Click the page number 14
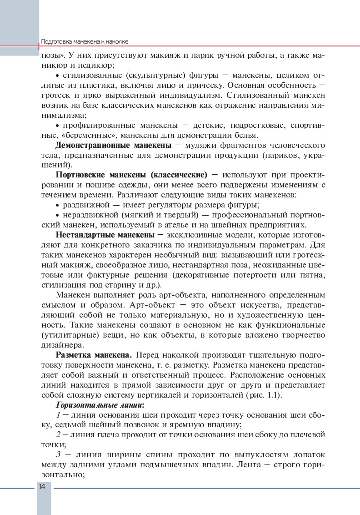(41, 487)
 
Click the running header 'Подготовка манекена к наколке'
(85, 41)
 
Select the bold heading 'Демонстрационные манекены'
(113, 145)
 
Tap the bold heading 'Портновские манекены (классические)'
(131, 175)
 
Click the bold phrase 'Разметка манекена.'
(94, 354)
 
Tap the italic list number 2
(58, 434)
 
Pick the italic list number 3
(58, 454)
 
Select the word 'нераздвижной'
(86, 215)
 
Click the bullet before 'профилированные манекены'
(57, 125)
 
